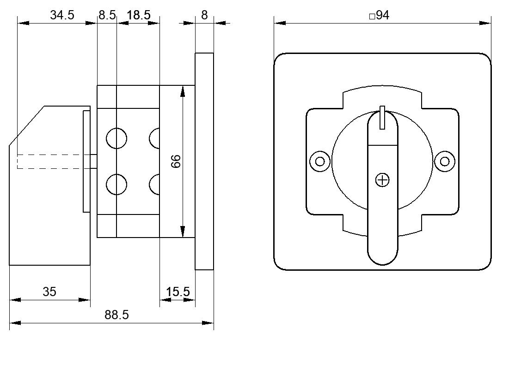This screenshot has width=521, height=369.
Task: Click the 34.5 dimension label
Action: point(62,15)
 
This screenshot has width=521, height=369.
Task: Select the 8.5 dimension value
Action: point(107,15)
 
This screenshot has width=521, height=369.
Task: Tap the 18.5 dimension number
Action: point(139,15)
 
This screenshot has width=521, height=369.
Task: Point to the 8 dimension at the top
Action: point(204,15)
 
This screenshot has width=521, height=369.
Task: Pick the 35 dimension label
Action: point(49,292)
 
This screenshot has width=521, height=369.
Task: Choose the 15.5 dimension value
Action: point(178,292)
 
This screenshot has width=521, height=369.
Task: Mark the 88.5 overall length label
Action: point(116,315)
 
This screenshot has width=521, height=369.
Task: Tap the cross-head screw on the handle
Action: point(382,180)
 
